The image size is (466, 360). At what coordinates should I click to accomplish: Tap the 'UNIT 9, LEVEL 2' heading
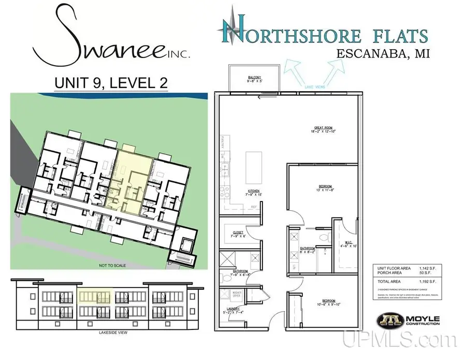pos(111,83)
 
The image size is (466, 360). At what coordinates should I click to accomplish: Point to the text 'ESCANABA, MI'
pos(383,54)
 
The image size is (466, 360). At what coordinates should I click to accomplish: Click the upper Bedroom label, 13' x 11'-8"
pos(325,188)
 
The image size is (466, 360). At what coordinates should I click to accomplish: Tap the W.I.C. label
pos(348,244)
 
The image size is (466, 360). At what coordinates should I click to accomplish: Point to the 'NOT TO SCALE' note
pos(113,265)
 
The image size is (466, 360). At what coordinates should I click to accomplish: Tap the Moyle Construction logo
pos(408,320)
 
